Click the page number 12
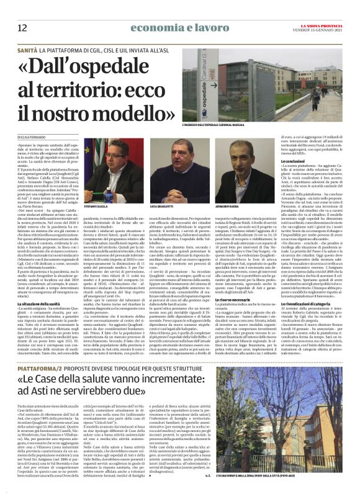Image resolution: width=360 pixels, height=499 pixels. pyautogui.click(x=22, y=27)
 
